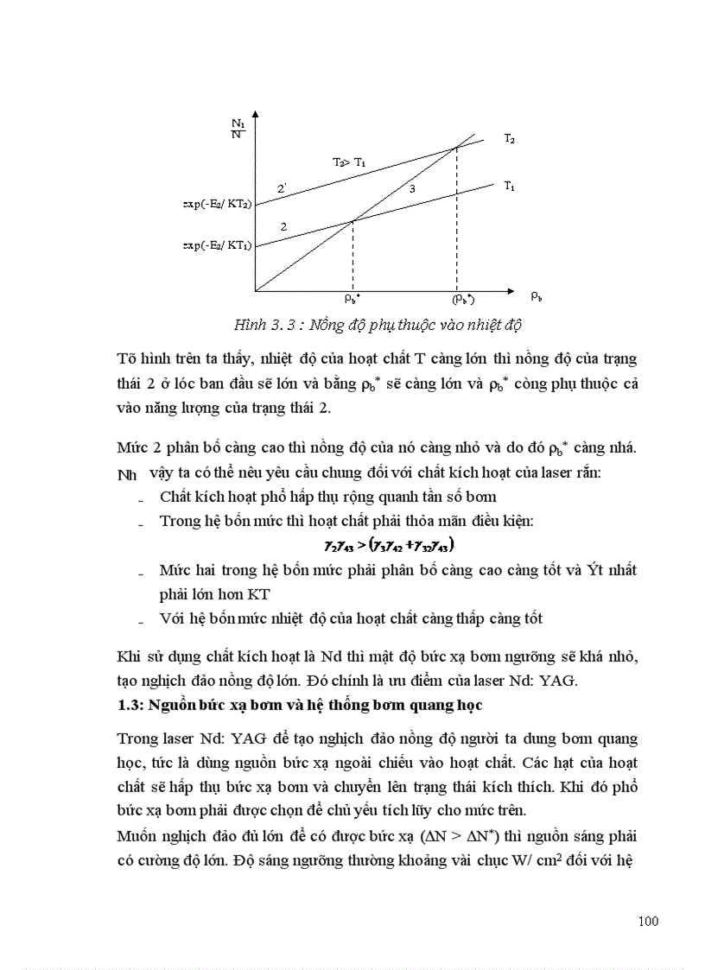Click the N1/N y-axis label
point(238,130)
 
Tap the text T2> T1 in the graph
point(350,162)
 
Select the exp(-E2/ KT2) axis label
point(217,206)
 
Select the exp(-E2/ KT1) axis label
point(217,245)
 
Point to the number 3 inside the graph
point(412,188)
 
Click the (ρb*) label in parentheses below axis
point(462,300)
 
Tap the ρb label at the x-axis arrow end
point(536,296)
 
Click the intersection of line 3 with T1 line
point(352,221)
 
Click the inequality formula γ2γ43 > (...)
point(389,545)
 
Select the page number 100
point(648,921)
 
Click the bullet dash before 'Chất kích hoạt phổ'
point(140,500)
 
